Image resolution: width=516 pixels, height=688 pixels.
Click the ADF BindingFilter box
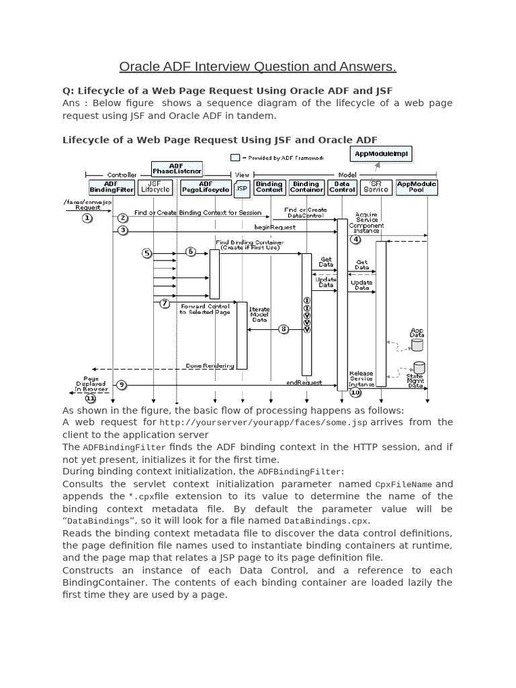tap(112, 187)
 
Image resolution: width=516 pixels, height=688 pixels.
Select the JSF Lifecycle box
tap(155, 187)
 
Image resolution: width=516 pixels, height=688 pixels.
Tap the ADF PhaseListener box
tap(176, 169)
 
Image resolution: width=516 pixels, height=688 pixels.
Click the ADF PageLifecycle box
tap(206, 187)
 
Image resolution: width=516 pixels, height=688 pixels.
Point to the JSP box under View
tap(241, 189)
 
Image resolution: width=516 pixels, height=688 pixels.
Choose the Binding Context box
tap(269, 187)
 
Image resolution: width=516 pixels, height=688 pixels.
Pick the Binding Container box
tap(306, 187)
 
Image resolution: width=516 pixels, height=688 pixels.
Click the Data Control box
tap(342, 187)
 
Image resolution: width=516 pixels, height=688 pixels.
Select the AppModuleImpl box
tap(380, 153)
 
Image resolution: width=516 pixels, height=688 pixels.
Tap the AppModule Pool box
tap(417, 187)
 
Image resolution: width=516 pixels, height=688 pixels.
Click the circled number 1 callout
tap(87, 217)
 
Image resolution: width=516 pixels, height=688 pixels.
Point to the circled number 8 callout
tap(284, 329)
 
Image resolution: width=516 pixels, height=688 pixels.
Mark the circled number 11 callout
tap(90, 398)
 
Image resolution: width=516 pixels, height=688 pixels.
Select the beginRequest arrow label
tap(274, 228)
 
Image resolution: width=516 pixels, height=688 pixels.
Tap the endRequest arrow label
tap(300, 382)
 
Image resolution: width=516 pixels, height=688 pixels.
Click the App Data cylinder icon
tap(417, 345)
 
